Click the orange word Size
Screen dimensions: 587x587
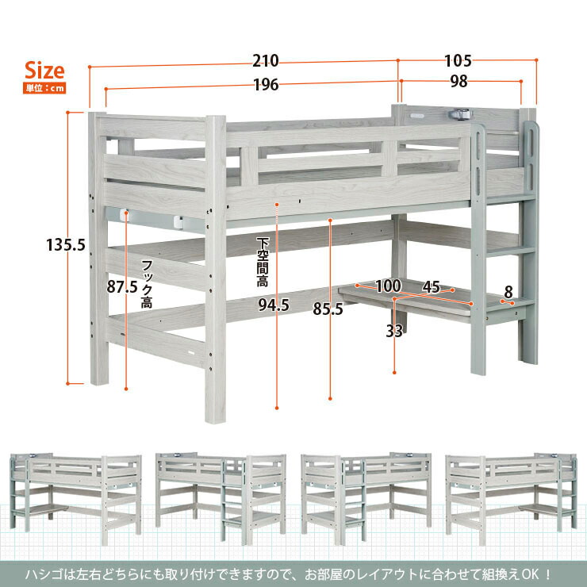pos(44,71)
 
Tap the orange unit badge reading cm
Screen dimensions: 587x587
pos(44,88)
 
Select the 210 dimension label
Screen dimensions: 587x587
pos(266,60)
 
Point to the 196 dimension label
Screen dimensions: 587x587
pos(267,85)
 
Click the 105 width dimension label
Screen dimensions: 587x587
pos(458,60)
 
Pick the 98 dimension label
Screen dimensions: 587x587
pos(459,81)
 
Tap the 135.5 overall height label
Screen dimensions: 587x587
pos(66,245)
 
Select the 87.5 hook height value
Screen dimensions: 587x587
pos(122,287)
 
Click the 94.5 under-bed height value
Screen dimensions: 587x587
pos(274,305)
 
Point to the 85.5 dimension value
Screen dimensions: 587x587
pos(328,309)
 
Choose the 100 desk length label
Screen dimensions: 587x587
pos(389,286)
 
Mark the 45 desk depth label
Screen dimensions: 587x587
pos(432,287)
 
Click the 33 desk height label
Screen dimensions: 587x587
pos(394,331)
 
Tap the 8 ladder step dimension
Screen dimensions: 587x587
pos(508,292)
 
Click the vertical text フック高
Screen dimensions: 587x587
pos(147,284)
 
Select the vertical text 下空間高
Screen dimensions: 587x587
pos(263,262)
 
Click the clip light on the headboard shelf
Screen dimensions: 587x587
pos(461,113)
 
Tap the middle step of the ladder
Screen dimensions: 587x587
pos(510,251)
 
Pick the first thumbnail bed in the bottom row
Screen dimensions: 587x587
pos(75,497)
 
